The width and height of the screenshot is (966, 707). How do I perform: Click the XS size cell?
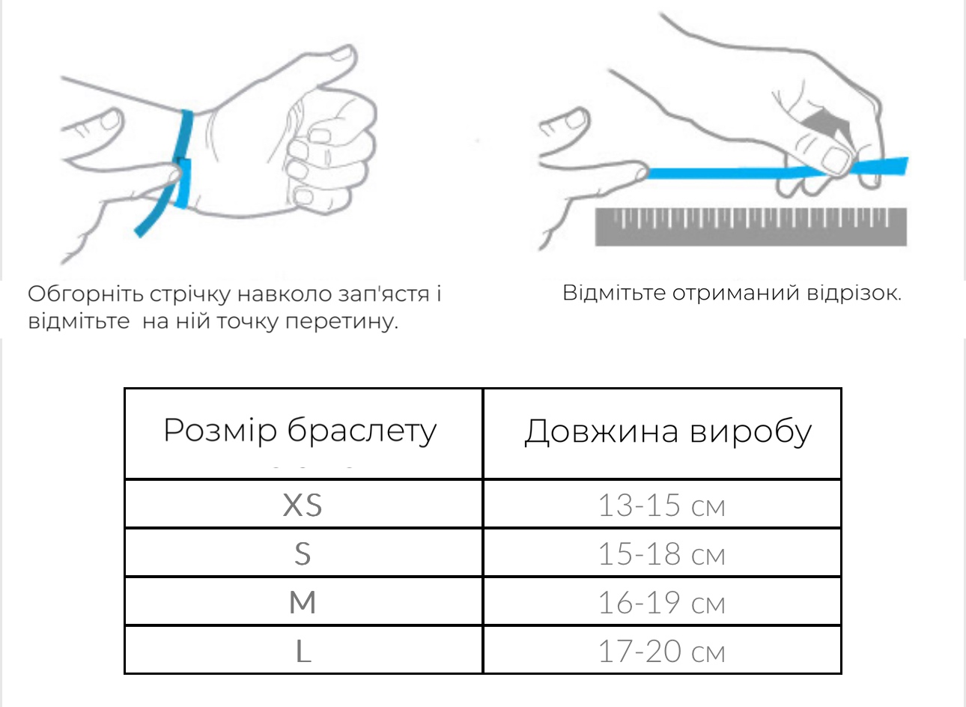coord(303,504)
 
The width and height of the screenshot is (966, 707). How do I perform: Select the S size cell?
coord(303,553)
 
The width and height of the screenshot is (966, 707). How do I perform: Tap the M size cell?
coord(303,601)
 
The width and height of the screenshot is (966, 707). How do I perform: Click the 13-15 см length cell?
coord(662,504)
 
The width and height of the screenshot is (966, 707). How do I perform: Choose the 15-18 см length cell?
coord(662,553)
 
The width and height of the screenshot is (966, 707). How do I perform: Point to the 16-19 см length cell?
coord(662,601)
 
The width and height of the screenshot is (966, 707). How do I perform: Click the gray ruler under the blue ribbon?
coord(751,227)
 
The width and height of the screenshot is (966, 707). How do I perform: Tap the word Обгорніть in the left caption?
coord(85,294)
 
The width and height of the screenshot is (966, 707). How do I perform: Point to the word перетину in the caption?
coord(341,322)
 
